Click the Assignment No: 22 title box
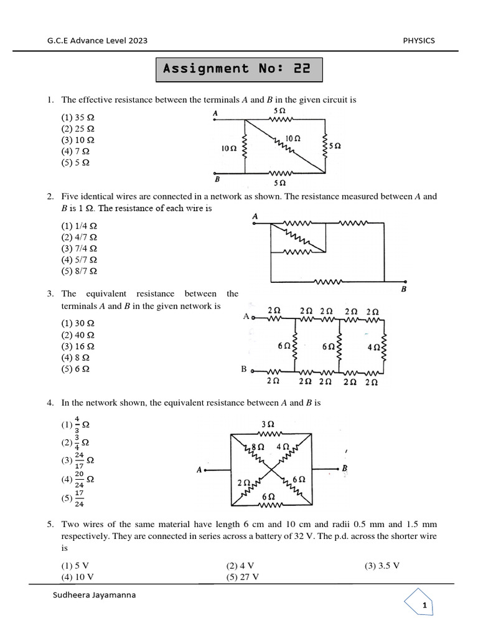239,69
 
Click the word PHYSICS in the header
419,40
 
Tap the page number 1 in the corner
424,606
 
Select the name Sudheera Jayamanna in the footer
95,594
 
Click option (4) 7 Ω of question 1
75,151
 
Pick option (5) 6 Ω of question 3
75,369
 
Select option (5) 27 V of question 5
242,576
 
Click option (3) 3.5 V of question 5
382,566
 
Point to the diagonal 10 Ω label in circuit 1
293,138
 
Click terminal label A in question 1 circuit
215,113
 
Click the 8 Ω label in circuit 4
257,447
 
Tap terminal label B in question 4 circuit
345,469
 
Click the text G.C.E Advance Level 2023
97,40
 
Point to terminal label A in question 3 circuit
246,317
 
